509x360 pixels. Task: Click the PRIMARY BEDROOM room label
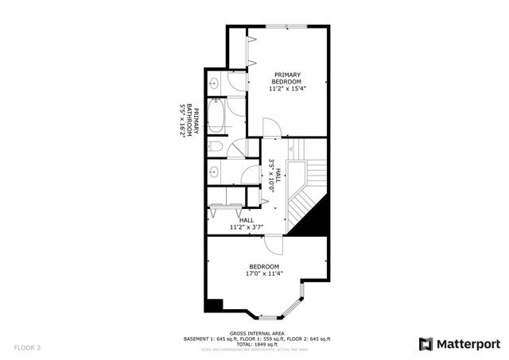[x=287, y=78]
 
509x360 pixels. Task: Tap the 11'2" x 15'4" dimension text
[x=287, y=88]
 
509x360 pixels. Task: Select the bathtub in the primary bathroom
[x=215, y=118]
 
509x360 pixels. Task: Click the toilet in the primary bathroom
[x=216, y=148]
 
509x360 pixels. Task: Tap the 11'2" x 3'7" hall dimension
[x=247, y=226]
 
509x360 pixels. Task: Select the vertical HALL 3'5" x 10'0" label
[x=275, y=172]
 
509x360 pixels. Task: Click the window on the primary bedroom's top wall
[x=286, y=26]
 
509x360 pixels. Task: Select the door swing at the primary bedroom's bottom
[x=271, y=128]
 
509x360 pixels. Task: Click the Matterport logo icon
[x=426, y=343]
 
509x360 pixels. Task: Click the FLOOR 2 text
[x=27, y=347]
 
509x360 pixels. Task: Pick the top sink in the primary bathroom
[x=215, y=83]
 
